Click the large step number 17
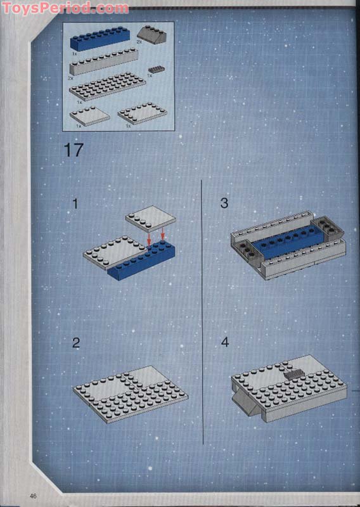(x=74, y=150)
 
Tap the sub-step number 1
(x=75, y=204)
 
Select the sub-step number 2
(x=76, y=343)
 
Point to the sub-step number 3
(x=224, y=203)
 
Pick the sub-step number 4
(x=225, y=342)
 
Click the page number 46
(x=33, y=496)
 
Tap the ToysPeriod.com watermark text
(x=65, y=8)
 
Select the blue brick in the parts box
(x=100, y=39)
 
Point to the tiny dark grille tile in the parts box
(x=157, y=69)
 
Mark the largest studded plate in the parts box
(x=107, y=86)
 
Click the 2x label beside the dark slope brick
(x=139, y=42)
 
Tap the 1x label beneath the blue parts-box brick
(x=75, y=54)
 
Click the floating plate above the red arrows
(x=150, y=219)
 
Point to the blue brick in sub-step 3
(x=288, y=243)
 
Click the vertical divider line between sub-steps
(x=202, y=312)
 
